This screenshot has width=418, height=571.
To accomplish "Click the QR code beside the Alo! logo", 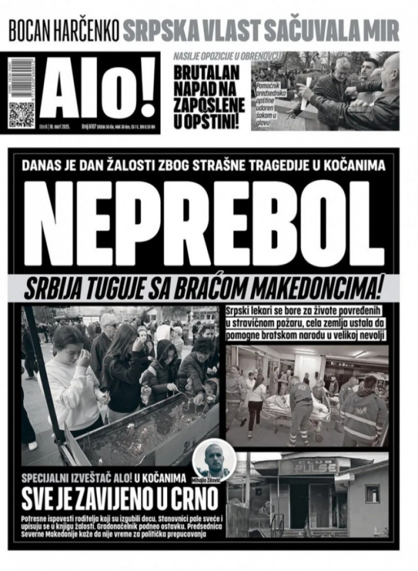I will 22,113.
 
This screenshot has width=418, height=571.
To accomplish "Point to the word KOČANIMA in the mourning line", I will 359,165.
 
